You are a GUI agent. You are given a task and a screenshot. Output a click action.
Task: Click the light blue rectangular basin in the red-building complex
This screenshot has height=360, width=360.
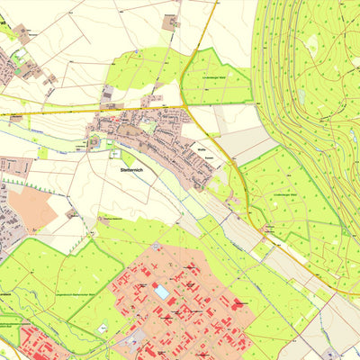(162, 292)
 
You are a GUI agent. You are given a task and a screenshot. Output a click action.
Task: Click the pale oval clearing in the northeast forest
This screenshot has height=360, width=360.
(313, 42)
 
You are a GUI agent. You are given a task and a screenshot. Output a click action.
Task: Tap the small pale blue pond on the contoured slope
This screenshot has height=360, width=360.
(301, 94)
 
